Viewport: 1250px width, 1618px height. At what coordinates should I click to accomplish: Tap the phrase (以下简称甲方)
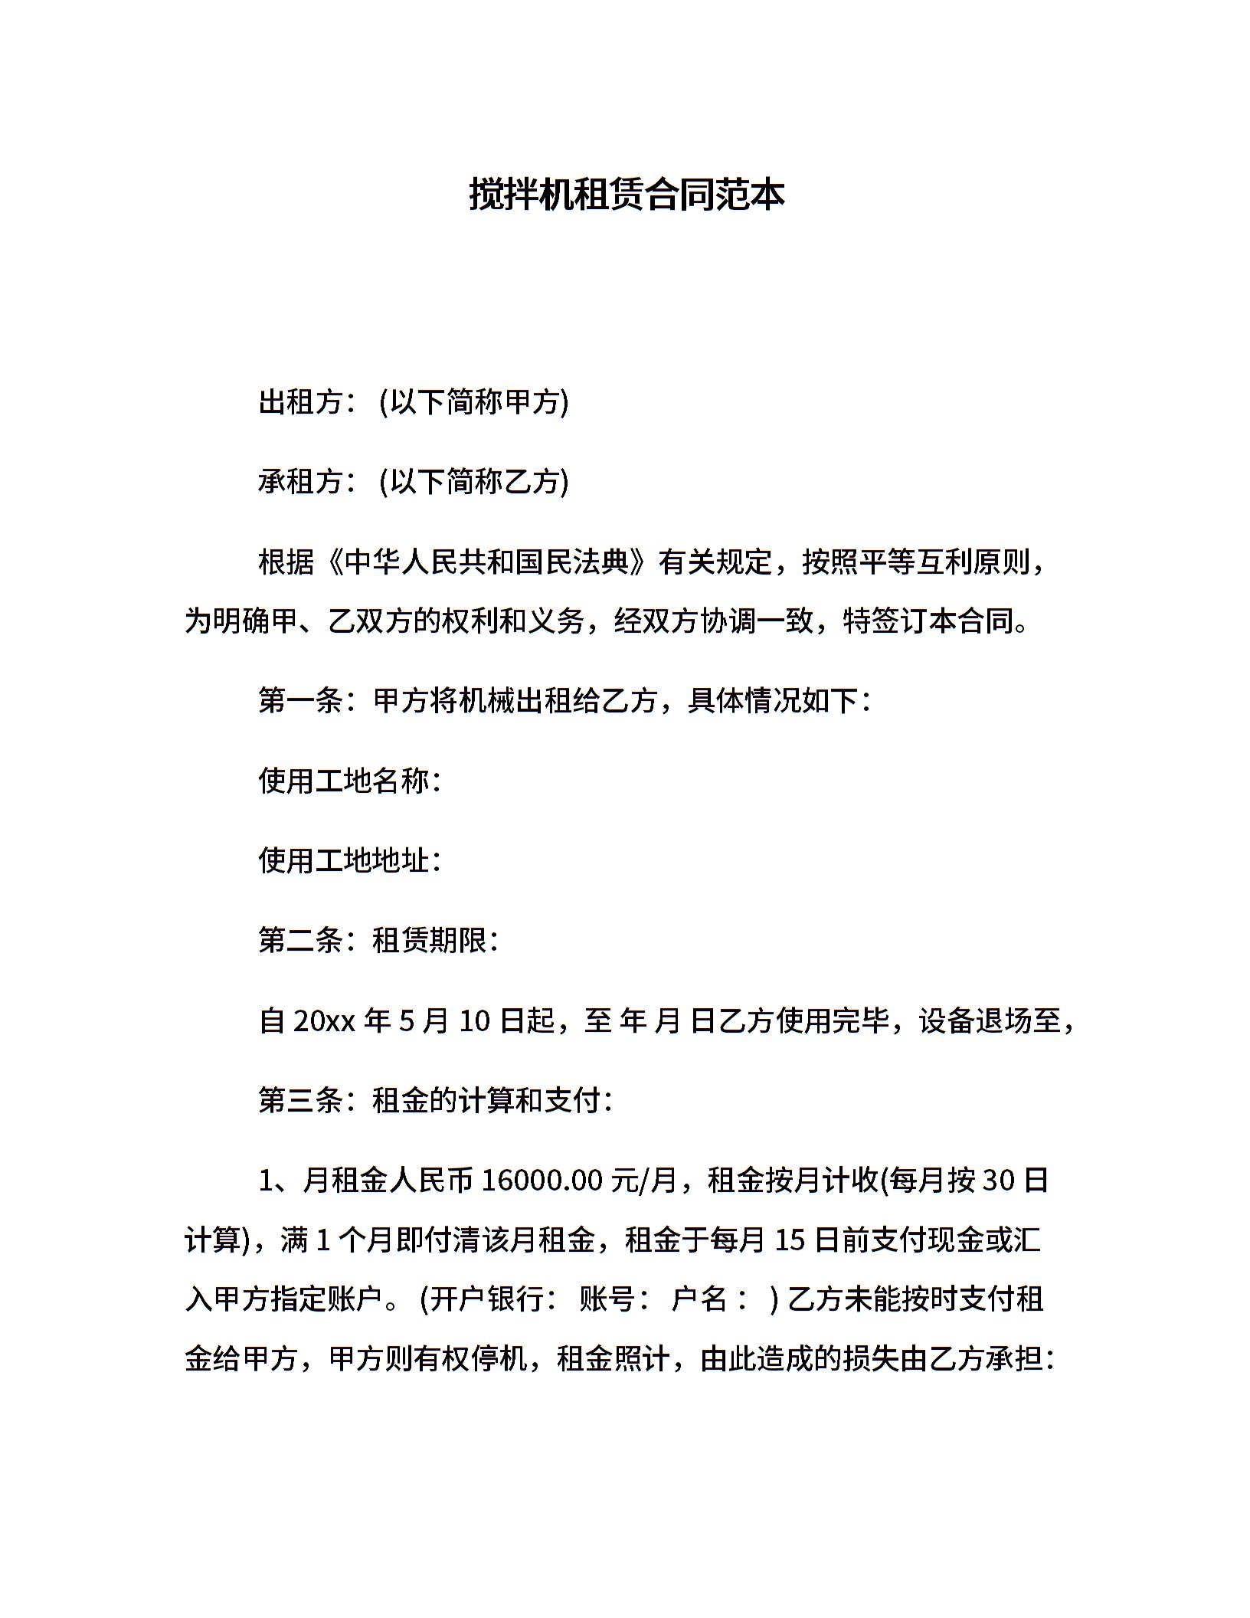(x=474, y=401)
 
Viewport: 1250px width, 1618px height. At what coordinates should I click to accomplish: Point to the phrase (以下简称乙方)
(x=474, y=481)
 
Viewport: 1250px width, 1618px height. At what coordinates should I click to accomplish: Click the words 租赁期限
(x=429, y=940)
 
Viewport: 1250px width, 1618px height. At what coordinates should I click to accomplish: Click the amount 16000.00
(x=542, y=1181)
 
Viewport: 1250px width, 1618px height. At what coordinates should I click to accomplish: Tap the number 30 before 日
(x=998, y=1181)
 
